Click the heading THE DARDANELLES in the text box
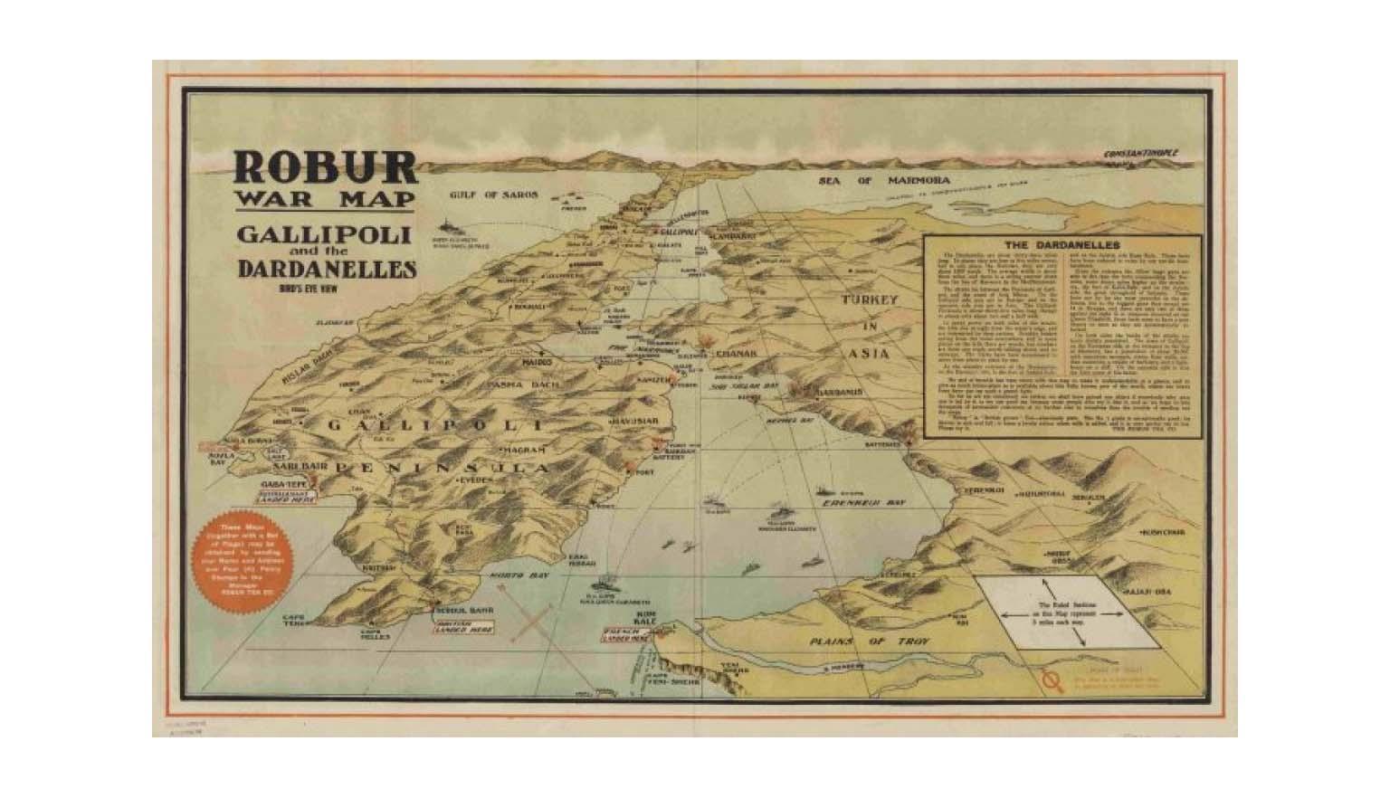click(1062, 245)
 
